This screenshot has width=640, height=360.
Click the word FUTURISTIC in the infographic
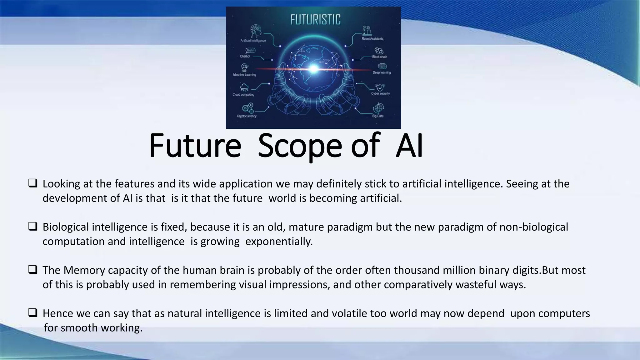tap(315, 20)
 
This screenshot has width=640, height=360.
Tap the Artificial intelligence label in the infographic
tap(253, 41)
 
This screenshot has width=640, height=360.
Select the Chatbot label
tap(245, 57)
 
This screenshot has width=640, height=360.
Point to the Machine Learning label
tap(244, 75)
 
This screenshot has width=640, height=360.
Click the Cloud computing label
tap(243, 95)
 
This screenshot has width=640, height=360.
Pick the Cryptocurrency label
tap(247, 116)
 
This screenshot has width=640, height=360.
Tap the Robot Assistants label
tap(372, 39)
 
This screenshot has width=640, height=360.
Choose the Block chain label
tap(379, 57)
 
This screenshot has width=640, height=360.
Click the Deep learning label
tap(382, 72)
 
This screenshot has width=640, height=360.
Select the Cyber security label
tap(380, 93)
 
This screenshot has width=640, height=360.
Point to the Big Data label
tap(378, 116)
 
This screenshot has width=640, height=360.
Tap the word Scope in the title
tap(300, 146)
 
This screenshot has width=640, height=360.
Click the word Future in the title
tap(195, 146)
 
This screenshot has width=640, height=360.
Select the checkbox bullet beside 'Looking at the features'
tap(33, 183)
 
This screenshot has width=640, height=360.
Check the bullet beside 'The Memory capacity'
tap(33, 269)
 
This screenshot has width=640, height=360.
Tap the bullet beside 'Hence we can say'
tap(33, 312)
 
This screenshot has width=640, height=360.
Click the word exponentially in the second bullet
tap(279, 242)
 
